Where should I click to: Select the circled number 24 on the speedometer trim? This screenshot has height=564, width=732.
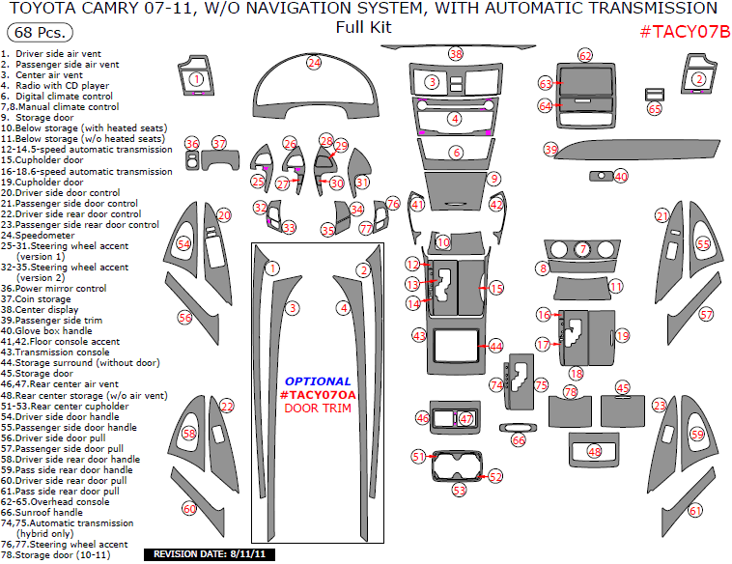point(314,63)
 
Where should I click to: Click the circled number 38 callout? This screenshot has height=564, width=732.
point(456,54)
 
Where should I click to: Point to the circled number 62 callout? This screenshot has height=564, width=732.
point(585,56)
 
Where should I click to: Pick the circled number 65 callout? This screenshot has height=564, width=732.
point(655,109)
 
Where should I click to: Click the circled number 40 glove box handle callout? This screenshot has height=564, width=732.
point(621,177)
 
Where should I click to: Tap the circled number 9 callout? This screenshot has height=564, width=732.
point(493,179)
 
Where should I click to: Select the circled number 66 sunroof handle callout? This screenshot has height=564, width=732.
point(519,439)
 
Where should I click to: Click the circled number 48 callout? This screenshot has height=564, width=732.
point(594,451)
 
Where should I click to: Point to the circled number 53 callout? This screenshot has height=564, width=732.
point(460,490)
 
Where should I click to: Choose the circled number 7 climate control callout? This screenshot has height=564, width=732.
point(583,250)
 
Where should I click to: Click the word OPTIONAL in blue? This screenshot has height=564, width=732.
point(318,381)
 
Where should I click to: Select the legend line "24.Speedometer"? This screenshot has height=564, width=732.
point(38,235)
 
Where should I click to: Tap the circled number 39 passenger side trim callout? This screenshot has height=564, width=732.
point(550,150)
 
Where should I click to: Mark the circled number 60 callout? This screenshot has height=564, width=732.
point(189,508)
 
